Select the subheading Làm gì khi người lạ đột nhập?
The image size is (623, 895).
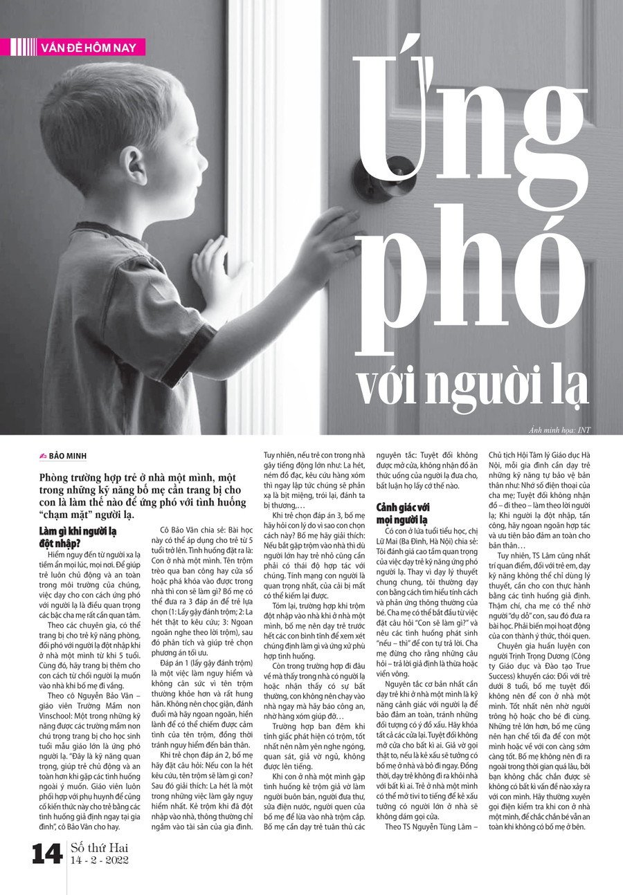(78, 537)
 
